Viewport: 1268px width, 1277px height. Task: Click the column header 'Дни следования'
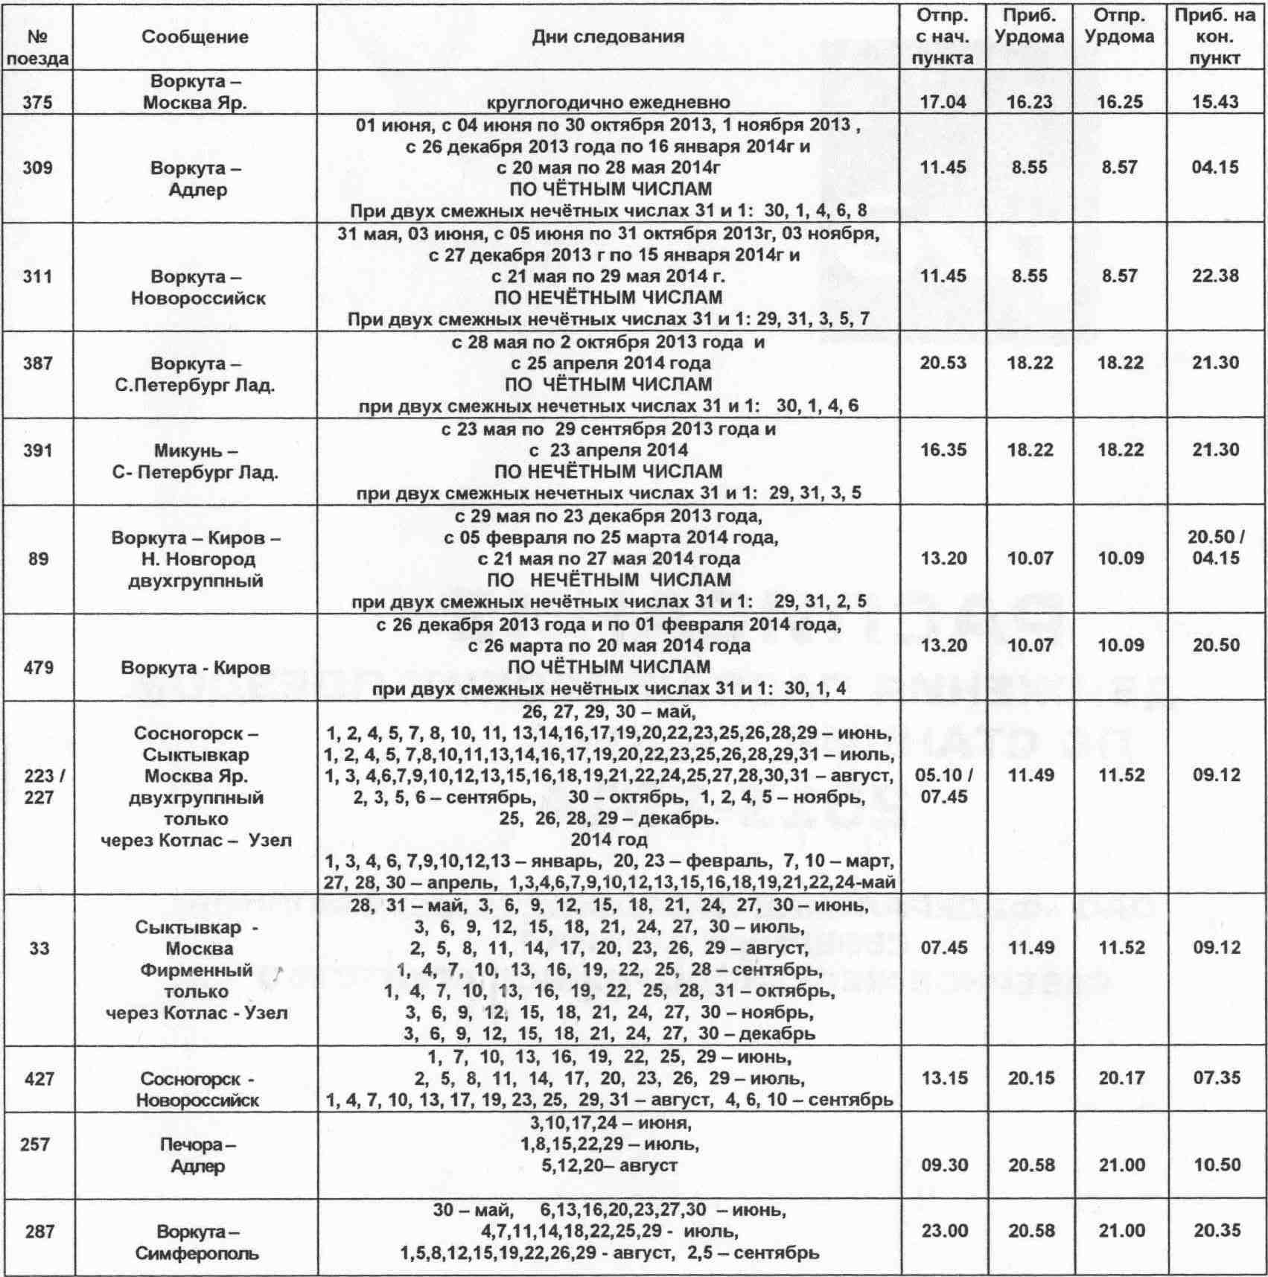click(607, 36)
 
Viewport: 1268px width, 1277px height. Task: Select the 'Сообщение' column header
click(195, 36)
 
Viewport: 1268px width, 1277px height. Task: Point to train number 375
click(38, 101)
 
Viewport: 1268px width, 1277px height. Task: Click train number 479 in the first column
click(38, 667)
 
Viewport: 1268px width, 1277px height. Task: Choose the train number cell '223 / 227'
click(38, 786)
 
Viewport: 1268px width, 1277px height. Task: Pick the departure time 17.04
click(943, 101)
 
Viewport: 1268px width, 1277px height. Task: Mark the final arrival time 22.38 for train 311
click(1214, 276)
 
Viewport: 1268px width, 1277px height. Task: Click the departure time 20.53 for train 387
click(943, 363)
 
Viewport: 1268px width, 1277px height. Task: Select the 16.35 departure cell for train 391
click(943, 450)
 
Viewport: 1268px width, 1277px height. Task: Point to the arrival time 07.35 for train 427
click(1214, 1078)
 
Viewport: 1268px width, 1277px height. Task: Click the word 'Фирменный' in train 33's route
click(198, 970)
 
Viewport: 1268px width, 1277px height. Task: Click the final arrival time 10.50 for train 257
click(1214, 1165)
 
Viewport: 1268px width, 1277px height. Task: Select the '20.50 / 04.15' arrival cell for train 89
click(1214, 547)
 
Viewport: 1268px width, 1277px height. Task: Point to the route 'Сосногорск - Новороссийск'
click(197, 1089)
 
